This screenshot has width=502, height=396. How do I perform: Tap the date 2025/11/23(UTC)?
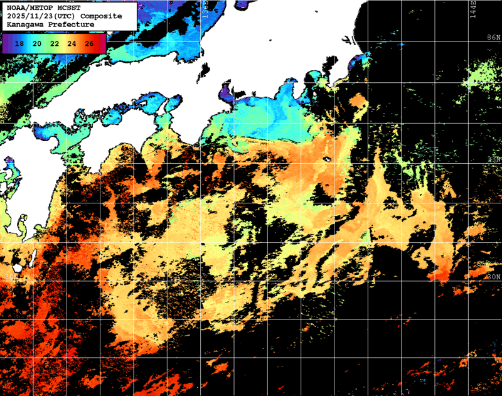coord(42,16)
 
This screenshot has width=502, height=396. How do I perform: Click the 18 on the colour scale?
coord(19,43)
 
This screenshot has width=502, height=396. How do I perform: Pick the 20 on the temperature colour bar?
coord(37,43)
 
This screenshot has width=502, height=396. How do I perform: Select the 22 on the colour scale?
coord(55,43)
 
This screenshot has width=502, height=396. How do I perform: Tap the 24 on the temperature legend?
coord(72,43)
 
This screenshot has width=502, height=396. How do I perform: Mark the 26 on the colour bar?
coord(89,43)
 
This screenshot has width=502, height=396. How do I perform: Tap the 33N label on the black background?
coord(494,159)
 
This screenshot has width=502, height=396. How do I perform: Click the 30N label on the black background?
coord(494,277)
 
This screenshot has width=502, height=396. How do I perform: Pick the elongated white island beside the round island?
coord(32,257)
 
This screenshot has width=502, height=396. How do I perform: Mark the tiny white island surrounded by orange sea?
coord(326,159)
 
